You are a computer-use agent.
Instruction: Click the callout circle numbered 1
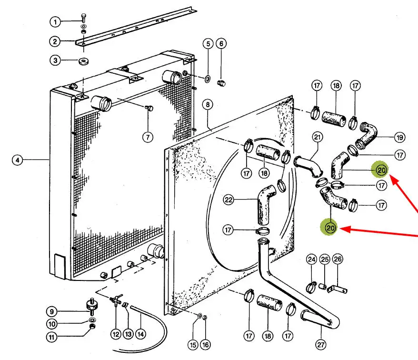[55, 21]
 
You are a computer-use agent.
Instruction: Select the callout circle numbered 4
[18, 160]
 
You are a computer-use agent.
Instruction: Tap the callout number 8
[208, 104]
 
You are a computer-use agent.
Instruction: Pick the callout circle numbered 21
[317, 137]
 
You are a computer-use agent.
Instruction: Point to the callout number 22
[229, 200]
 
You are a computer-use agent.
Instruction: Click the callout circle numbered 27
[321, 345]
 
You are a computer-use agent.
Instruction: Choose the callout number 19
[399, 138]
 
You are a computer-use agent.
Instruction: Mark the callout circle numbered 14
[141, 334]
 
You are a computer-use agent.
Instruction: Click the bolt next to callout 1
[84, 18]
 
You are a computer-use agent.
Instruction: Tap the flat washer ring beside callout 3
[84, 61]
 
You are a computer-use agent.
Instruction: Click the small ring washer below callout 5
[208, 79]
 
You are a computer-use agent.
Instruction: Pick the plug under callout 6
[221, 83]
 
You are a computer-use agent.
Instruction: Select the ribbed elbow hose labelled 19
[367, 135]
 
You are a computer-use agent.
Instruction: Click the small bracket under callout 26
[337, 289]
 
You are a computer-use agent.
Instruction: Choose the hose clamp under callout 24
[311, 287]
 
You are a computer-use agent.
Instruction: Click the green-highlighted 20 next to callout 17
[381, 170]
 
